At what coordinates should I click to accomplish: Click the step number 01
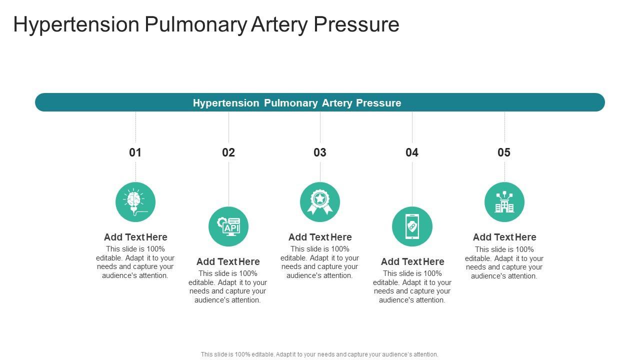coord(135,152)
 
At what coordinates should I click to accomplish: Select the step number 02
coord(228,152)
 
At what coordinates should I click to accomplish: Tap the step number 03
coord(320,152)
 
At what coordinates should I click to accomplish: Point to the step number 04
coord(412,152)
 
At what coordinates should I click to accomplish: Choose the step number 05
coord(504,152)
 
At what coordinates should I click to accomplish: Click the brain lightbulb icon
coord(135,202)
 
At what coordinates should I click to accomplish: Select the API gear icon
coord(228,226)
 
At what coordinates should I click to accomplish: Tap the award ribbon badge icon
coord(320,202)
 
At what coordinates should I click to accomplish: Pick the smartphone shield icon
coord(412,226)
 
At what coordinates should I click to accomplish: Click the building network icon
coord(504,202)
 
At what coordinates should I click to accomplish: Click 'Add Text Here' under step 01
coord(135,237)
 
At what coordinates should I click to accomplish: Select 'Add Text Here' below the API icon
coord(228,261)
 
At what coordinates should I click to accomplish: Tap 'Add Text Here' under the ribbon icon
coord(320,237)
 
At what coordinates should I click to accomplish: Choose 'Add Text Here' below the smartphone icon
coord(412,261)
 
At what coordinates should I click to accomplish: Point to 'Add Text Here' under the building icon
coord(504,237)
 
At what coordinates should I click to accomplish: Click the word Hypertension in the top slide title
coord(76,24)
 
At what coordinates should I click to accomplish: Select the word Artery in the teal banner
coord(337,103)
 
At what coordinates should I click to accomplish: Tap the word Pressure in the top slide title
coord(356,24)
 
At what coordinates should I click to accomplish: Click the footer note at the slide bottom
coord(319,354)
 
